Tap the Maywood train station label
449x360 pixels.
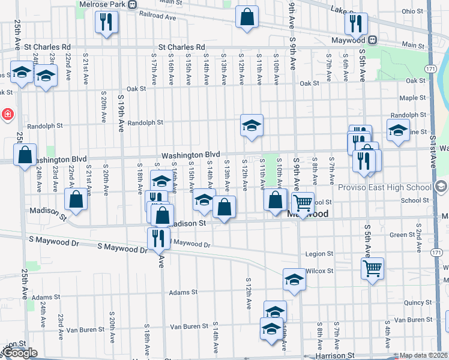[350, 40]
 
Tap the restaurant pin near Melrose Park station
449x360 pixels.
[107, 23]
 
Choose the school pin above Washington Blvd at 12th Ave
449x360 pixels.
[252, 125]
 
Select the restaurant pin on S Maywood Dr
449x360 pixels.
[158, 238]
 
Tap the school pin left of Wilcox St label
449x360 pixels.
[294, 279]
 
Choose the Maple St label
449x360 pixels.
[412, 97]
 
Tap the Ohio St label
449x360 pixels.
[412, 11]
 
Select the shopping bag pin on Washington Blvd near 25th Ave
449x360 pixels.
[26, 155]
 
